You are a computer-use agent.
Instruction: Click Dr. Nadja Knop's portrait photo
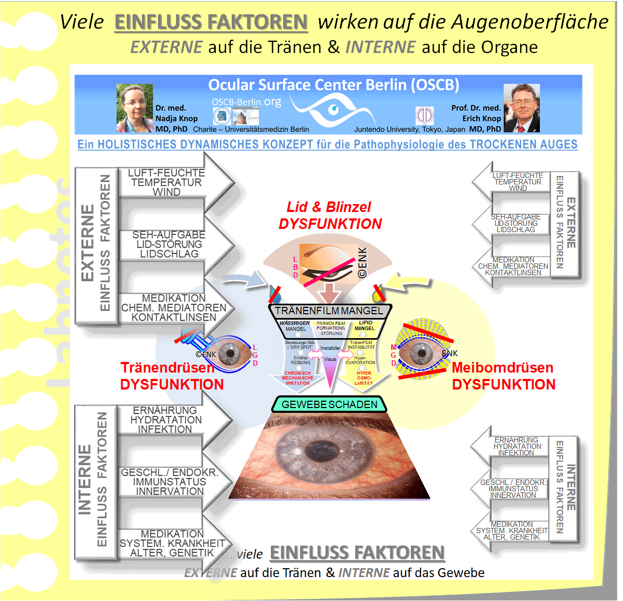[135, 108]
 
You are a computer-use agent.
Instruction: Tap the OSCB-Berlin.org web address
[246, 102]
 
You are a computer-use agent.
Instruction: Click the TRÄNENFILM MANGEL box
[329, 311]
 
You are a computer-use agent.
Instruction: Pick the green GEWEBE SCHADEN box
[329, 404]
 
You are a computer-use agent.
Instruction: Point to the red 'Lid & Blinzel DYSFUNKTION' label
[330, 216]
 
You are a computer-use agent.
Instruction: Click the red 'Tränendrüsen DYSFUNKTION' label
[171, 376]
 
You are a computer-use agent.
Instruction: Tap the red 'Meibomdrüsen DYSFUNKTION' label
[503, 376]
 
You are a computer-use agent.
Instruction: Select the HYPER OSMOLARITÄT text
[364, 378]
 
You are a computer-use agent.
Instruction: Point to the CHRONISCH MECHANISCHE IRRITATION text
[297, 378]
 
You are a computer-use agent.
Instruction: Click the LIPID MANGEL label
[365, 325]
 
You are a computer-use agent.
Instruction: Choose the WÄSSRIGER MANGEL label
[295, 325]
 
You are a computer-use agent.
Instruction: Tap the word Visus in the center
[330, 359]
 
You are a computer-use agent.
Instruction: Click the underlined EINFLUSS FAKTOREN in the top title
[211, 22]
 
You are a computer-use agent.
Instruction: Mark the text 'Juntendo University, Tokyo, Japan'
[409, 129]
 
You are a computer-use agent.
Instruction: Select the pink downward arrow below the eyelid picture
[330, 293]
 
